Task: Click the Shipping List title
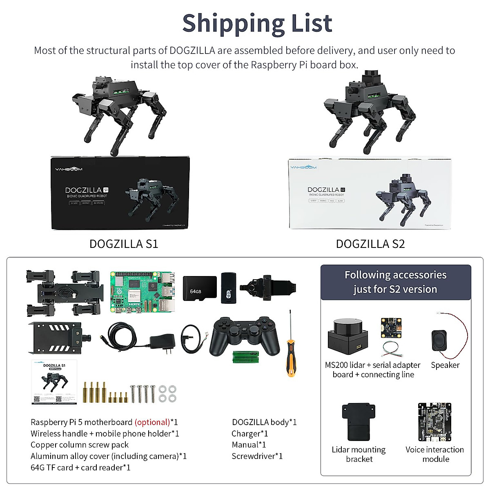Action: pos(257,23)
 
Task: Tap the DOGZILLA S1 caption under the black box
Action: pos(124,244)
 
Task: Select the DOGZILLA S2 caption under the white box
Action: pos(370,244)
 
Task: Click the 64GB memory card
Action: pos(199,289)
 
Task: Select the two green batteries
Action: pos(246,357)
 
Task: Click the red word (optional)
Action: pos(152,422)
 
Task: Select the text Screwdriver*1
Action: pos(257,456)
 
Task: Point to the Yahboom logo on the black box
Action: pos(69,169)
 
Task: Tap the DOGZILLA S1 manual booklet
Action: pos(54,382)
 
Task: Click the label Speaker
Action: pos(445,365)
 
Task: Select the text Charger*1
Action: pos(249,434)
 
